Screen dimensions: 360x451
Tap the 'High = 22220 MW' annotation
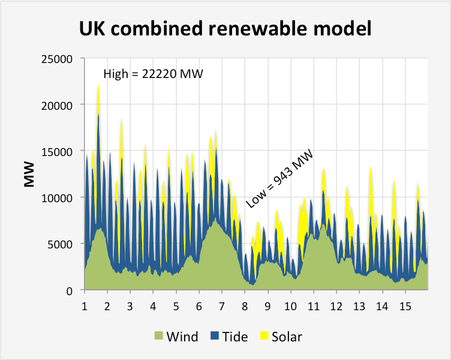pyautogui.click(x=153, y=74)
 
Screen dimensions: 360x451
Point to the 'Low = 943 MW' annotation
pyautogui.click(x=280, y=179)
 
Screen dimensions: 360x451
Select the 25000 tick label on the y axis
pyautogui.click(x=58, y=59)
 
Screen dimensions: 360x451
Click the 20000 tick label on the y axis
pyautogui.click(x=58, y=105)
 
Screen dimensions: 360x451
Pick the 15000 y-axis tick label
pyautogui.click(x=58, y=151)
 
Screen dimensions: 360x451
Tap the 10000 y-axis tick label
pyautogui.click(x=58, y=197)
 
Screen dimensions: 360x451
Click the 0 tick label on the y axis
pyautogui.click(x=69, y=290)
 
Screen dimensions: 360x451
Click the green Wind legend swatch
pyautogui.click(x=159, y=337)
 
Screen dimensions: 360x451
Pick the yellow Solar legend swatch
pyautogui.click(x=263, y=337)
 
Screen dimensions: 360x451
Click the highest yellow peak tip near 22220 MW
pyautogui.click(x=98, y=86)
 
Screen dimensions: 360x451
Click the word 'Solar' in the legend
pyautogui.click(x=287, y=337)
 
